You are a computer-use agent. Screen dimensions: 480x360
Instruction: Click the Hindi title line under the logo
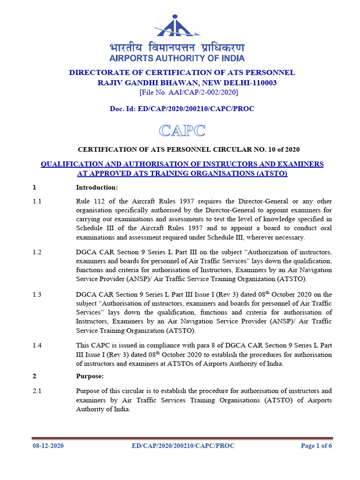(x=177, y=48)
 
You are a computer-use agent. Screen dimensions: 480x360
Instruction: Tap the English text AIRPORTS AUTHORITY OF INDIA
(x=177, y=59)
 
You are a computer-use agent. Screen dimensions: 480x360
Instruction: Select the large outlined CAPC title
(x=182, y=131)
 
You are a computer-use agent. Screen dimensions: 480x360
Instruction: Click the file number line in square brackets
(x=182, y=92)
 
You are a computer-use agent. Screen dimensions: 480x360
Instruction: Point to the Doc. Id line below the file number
(x=182, y=109)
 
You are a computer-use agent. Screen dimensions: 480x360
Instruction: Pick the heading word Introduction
(x=97, y=188)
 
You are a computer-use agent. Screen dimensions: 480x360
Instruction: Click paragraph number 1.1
(x=37, y=201)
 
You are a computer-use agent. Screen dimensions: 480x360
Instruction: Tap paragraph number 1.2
(x=37, y=252)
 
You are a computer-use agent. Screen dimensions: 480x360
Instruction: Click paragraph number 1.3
(x=37, y=294)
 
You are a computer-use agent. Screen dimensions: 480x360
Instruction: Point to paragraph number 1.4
(x=37, y=345)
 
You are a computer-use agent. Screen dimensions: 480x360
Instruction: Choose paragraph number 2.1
(x=37, y=391)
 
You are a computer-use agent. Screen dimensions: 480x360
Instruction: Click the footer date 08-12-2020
(x=48, y=446)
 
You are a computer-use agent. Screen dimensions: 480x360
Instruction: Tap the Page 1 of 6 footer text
(x=316, y=446)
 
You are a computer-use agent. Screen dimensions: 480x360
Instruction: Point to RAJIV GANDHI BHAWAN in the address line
(x=135, y=82)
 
